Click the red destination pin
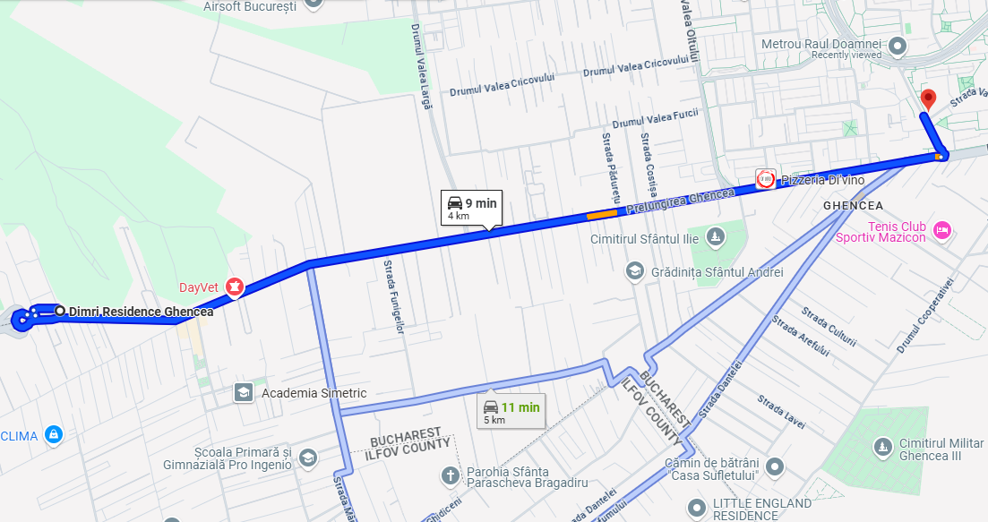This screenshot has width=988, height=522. coord(928,98)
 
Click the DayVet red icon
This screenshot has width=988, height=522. coord(235,287)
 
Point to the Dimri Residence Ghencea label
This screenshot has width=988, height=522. coord(142,312)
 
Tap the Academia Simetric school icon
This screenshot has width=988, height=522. coord(243,393)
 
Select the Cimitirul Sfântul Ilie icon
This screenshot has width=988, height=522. coord(715,236)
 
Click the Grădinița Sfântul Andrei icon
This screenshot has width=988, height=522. coord(634,270)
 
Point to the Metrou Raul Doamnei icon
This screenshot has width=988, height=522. coord(898,45)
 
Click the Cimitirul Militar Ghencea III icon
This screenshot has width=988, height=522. coord(883,444)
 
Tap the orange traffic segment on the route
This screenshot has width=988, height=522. coord(601,214)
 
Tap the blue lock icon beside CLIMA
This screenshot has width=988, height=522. coord(54,435)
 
